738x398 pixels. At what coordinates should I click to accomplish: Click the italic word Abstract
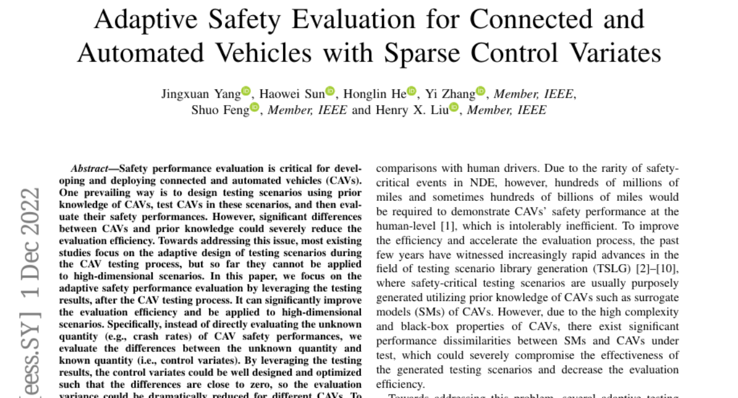pyautogui.click(x=93, y=168)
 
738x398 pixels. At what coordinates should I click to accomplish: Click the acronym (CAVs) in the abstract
pyautogui.click(x=342, y=179)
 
